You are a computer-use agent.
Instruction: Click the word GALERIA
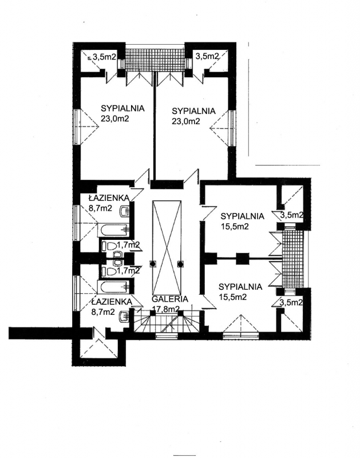coord(170,299)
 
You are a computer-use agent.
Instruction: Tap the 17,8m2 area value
coord(165,309)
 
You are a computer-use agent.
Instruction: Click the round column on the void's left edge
coord(152,264)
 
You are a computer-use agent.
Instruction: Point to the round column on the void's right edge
coord(181,264)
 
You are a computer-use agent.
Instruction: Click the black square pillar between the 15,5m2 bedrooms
coord(242,259)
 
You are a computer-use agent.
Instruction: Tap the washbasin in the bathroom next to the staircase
coord(125,316)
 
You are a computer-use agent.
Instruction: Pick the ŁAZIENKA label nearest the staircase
coord(112,302)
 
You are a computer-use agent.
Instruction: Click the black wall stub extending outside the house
coord(41,333)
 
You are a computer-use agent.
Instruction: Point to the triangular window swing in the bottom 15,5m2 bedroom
coord(240,323)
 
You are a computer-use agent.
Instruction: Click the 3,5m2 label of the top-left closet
coord(104,57)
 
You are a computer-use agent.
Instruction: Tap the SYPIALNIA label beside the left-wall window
coord(122,108)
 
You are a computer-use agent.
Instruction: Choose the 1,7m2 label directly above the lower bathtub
coord(128,271)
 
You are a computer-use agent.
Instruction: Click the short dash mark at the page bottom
coord(180,456)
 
